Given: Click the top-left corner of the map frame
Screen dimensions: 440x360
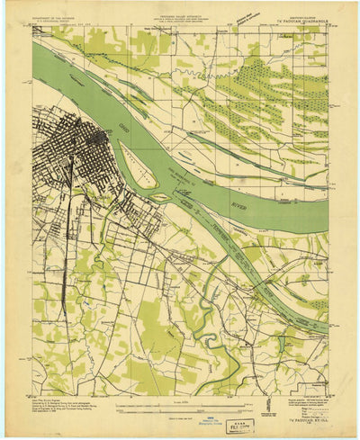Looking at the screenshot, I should click(34, 26).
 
